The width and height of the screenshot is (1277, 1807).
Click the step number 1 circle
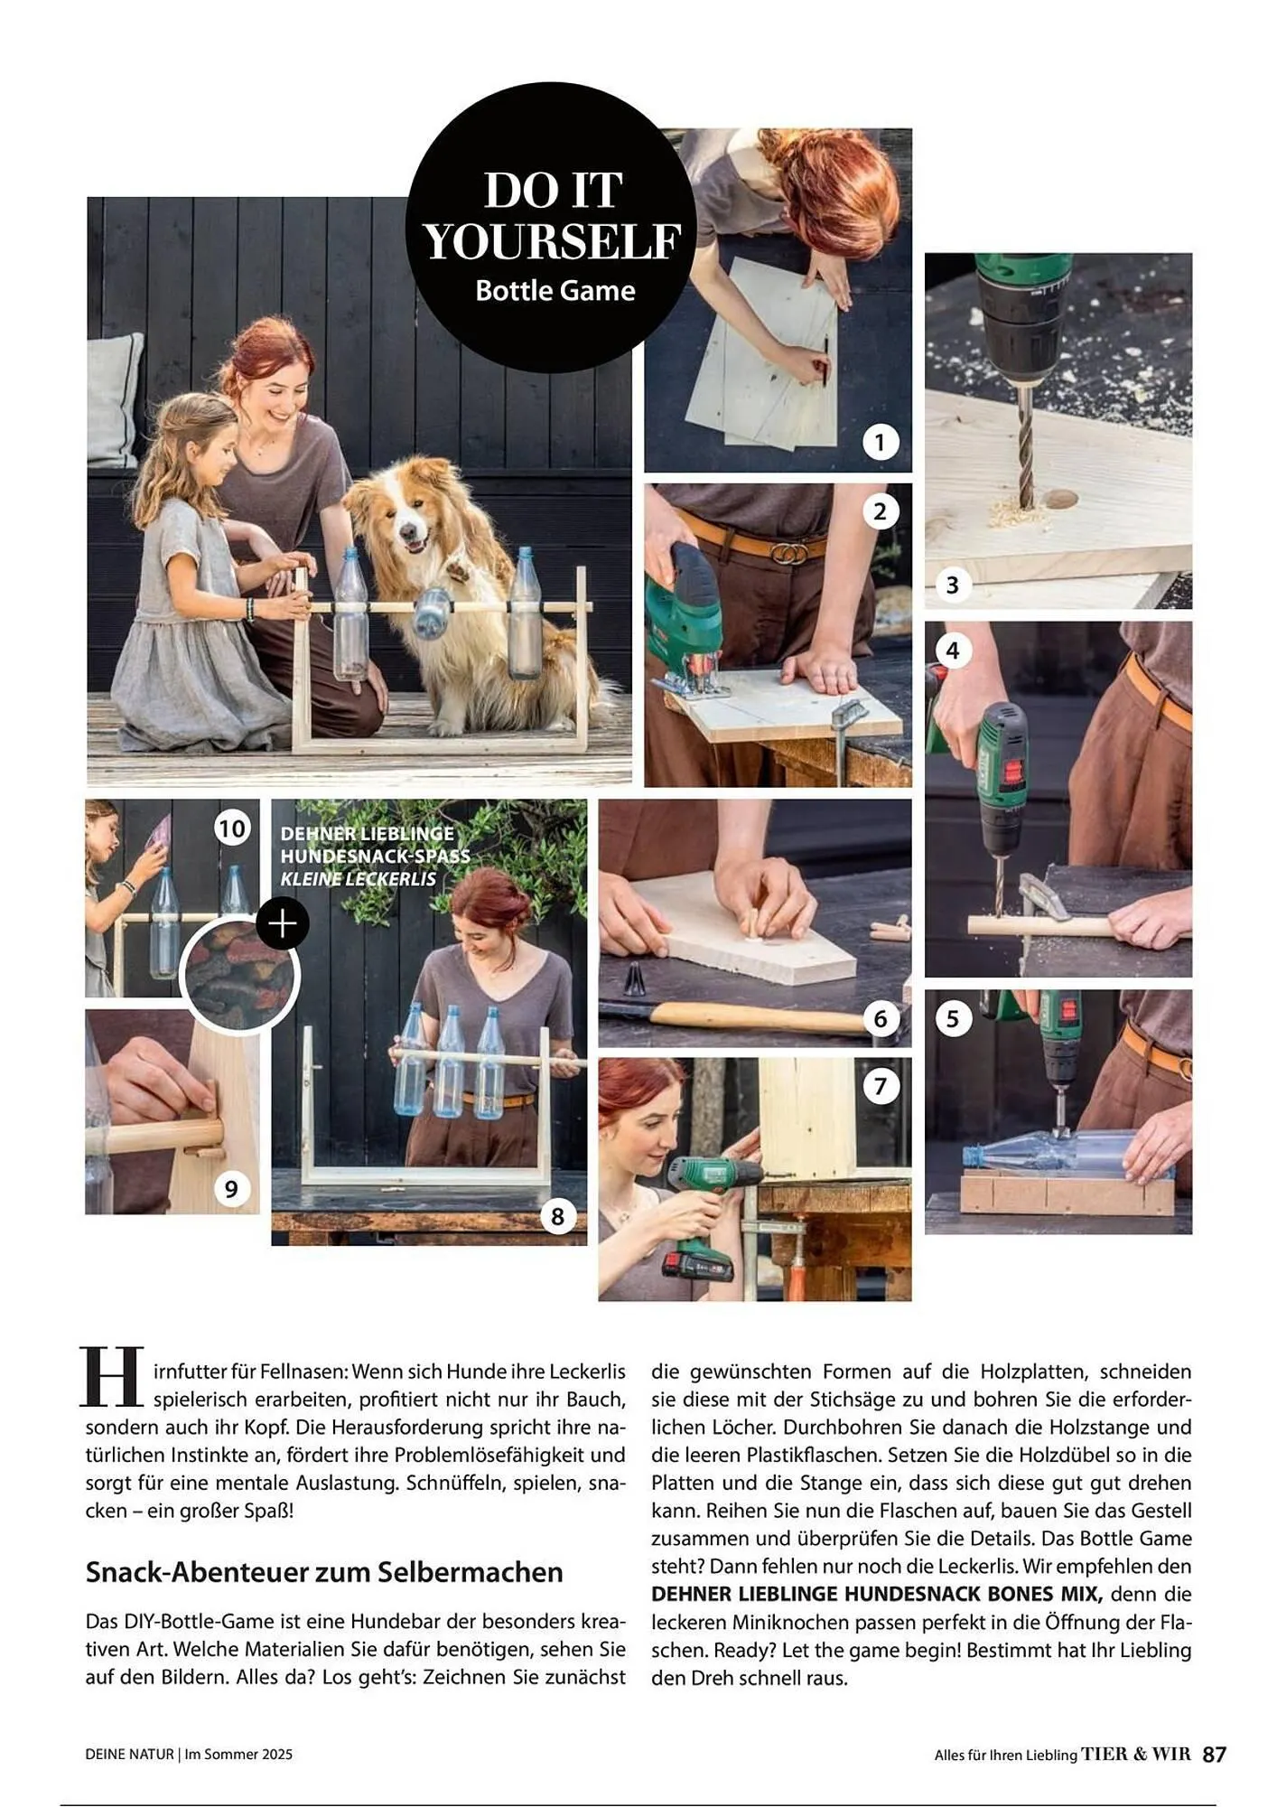[x=881, y=442]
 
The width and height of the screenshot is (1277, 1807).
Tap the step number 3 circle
[x=952, y=585]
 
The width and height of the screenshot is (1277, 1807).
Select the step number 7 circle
[x=881, y=1085]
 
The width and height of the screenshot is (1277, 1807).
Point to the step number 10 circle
[x=232, y=829]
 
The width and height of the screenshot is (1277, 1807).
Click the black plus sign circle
[x=283, y=923]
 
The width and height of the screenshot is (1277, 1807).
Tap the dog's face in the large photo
[x=411, y=520]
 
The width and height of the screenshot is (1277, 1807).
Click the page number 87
[x=1215, y=1754]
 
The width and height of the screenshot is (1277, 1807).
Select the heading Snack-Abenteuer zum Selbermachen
[x=324, y=1572]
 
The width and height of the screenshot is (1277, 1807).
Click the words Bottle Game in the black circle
[x=555, y=291]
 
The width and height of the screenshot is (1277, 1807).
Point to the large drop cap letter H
[x=112, y=1377]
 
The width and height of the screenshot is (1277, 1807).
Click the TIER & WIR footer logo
[x=1136, y=1754]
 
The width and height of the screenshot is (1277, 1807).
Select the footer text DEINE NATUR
[x=129, y=1754]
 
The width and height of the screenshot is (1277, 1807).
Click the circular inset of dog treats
[x=239, y=976]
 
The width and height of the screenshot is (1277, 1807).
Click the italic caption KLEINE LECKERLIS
[x=359, y=879]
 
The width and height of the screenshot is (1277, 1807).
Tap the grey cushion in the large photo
[x=116, y=398]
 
